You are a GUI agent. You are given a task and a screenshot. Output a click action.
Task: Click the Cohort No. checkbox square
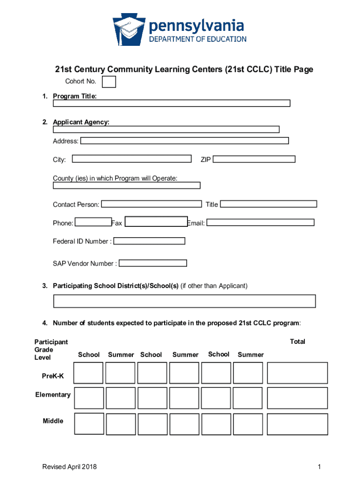click(x=109, y=82)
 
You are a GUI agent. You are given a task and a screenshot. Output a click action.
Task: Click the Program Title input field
click(x=171, y=103)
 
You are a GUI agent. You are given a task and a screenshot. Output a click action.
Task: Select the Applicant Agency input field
click(x=166, y=130)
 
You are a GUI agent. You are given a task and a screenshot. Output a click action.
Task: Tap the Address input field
click(x=185, y=140)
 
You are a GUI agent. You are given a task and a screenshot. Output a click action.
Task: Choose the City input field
click(x=132, y=159)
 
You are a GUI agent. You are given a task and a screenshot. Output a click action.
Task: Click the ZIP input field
click(x=254, y=159)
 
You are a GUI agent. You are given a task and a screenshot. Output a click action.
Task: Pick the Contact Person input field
click(x=151, y=204)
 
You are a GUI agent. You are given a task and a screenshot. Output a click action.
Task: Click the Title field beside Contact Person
click(x=268, y=204)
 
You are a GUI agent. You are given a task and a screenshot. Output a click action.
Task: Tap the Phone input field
click(x=93, y=222)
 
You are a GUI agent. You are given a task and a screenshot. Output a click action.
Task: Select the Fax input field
click(x=156, y=222)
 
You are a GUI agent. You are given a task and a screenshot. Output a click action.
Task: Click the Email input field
click(x=260, y=223)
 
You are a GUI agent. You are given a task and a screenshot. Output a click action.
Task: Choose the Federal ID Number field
click(x=149, y=241)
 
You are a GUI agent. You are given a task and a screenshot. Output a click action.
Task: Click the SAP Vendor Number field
click(x=153, y=263)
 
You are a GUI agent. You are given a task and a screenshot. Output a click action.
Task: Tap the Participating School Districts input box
click(x=185, y=301)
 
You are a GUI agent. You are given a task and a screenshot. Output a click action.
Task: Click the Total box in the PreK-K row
click(x=297, y=373)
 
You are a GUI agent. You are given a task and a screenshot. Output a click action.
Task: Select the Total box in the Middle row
click(x=297, y=424)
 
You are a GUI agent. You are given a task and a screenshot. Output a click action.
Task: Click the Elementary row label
click(x=53, y=395)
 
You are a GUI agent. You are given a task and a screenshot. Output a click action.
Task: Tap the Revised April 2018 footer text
click(x=70, y=467)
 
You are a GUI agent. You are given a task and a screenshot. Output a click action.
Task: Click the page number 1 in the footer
click(x=318, y=467)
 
